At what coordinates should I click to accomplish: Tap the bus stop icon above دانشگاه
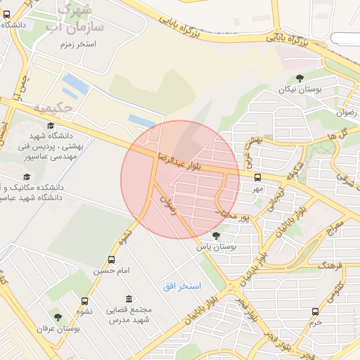click(x=7, y=13)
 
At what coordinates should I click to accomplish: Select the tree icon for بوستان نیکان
click(x=301, y=78)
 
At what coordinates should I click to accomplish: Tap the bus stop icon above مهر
click(x=257, y=178)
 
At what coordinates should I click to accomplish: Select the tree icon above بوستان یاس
click(x=215, y=236)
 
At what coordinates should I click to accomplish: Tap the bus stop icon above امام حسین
click(x=112, y=260)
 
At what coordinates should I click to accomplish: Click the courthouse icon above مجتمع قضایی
click(x=128, y=299)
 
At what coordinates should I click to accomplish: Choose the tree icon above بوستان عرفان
click(x=58, y=317)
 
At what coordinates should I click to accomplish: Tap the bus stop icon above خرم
click(x=314, y=311)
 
